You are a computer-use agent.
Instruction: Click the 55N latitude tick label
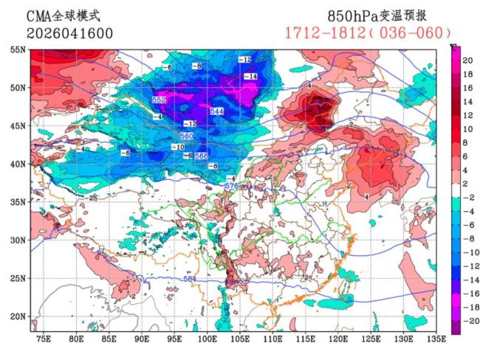tap(18, 49)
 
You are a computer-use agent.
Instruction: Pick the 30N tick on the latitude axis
tap(18, 240)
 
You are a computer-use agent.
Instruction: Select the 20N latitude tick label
tap(18, 316)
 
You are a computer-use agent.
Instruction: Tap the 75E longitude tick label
tap(44, 340)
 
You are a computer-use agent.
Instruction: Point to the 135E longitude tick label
tap(436, 340)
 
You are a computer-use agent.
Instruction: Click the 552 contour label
tap(159, 100)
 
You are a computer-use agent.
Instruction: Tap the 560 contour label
tap(187, 136)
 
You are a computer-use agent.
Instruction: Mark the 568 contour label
tap(201, 156)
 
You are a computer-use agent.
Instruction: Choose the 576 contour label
tap(230, 187)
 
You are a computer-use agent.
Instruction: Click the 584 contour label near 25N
tap(191, 279)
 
